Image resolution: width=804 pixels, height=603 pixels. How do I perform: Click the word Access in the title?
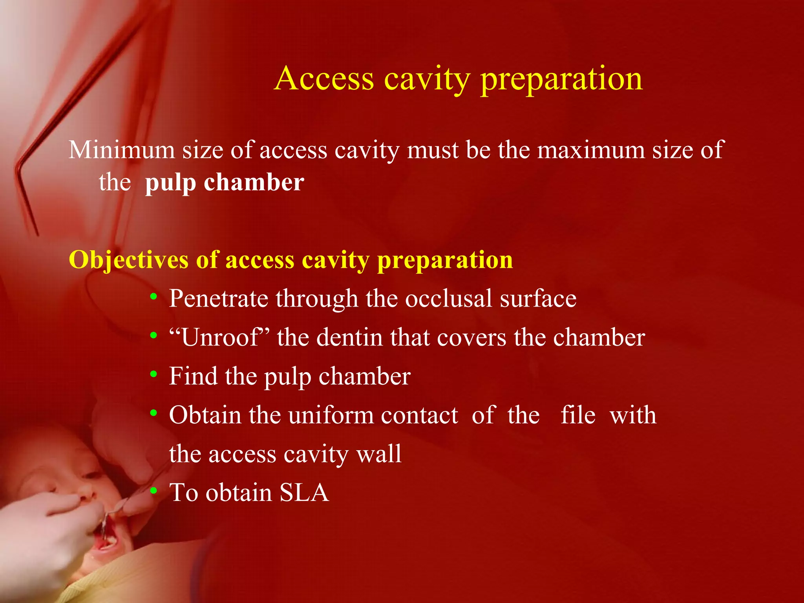324,79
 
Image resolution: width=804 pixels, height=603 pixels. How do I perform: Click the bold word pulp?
170,183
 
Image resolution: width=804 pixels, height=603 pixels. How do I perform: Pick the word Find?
193,376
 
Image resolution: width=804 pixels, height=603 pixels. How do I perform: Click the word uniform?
331,415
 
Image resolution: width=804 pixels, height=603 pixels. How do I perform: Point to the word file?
577,415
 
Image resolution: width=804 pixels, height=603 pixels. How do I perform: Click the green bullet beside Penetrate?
153,297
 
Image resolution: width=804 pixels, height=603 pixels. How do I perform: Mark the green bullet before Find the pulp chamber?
153,375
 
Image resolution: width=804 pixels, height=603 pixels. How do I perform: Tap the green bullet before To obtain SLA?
153,491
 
